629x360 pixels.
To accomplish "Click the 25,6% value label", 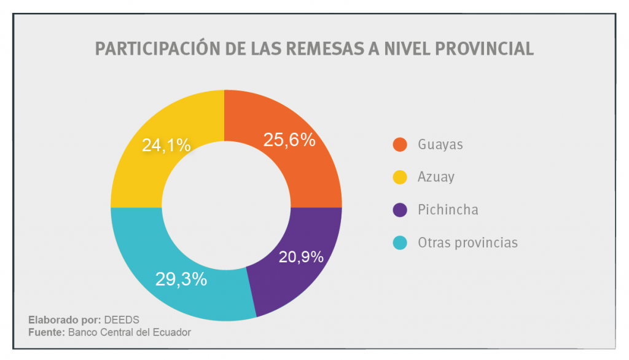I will [289, 140].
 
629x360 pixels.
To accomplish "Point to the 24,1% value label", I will [166, 145].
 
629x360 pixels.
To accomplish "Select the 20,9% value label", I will [301, 257].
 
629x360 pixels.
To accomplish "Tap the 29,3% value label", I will [181, 280].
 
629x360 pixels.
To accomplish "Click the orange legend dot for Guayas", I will [400, 145].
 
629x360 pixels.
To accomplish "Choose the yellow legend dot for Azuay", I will [400, 178].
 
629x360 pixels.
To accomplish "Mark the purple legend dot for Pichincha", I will [400, 210].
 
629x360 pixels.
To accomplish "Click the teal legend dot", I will [400, 243].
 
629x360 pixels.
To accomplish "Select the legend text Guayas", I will [440, 145].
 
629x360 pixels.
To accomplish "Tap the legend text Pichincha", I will [448, 210].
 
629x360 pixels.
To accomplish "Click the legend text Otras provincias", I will [467, 243].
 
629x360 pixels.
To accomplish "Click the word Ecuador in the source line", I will [173, 332].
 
